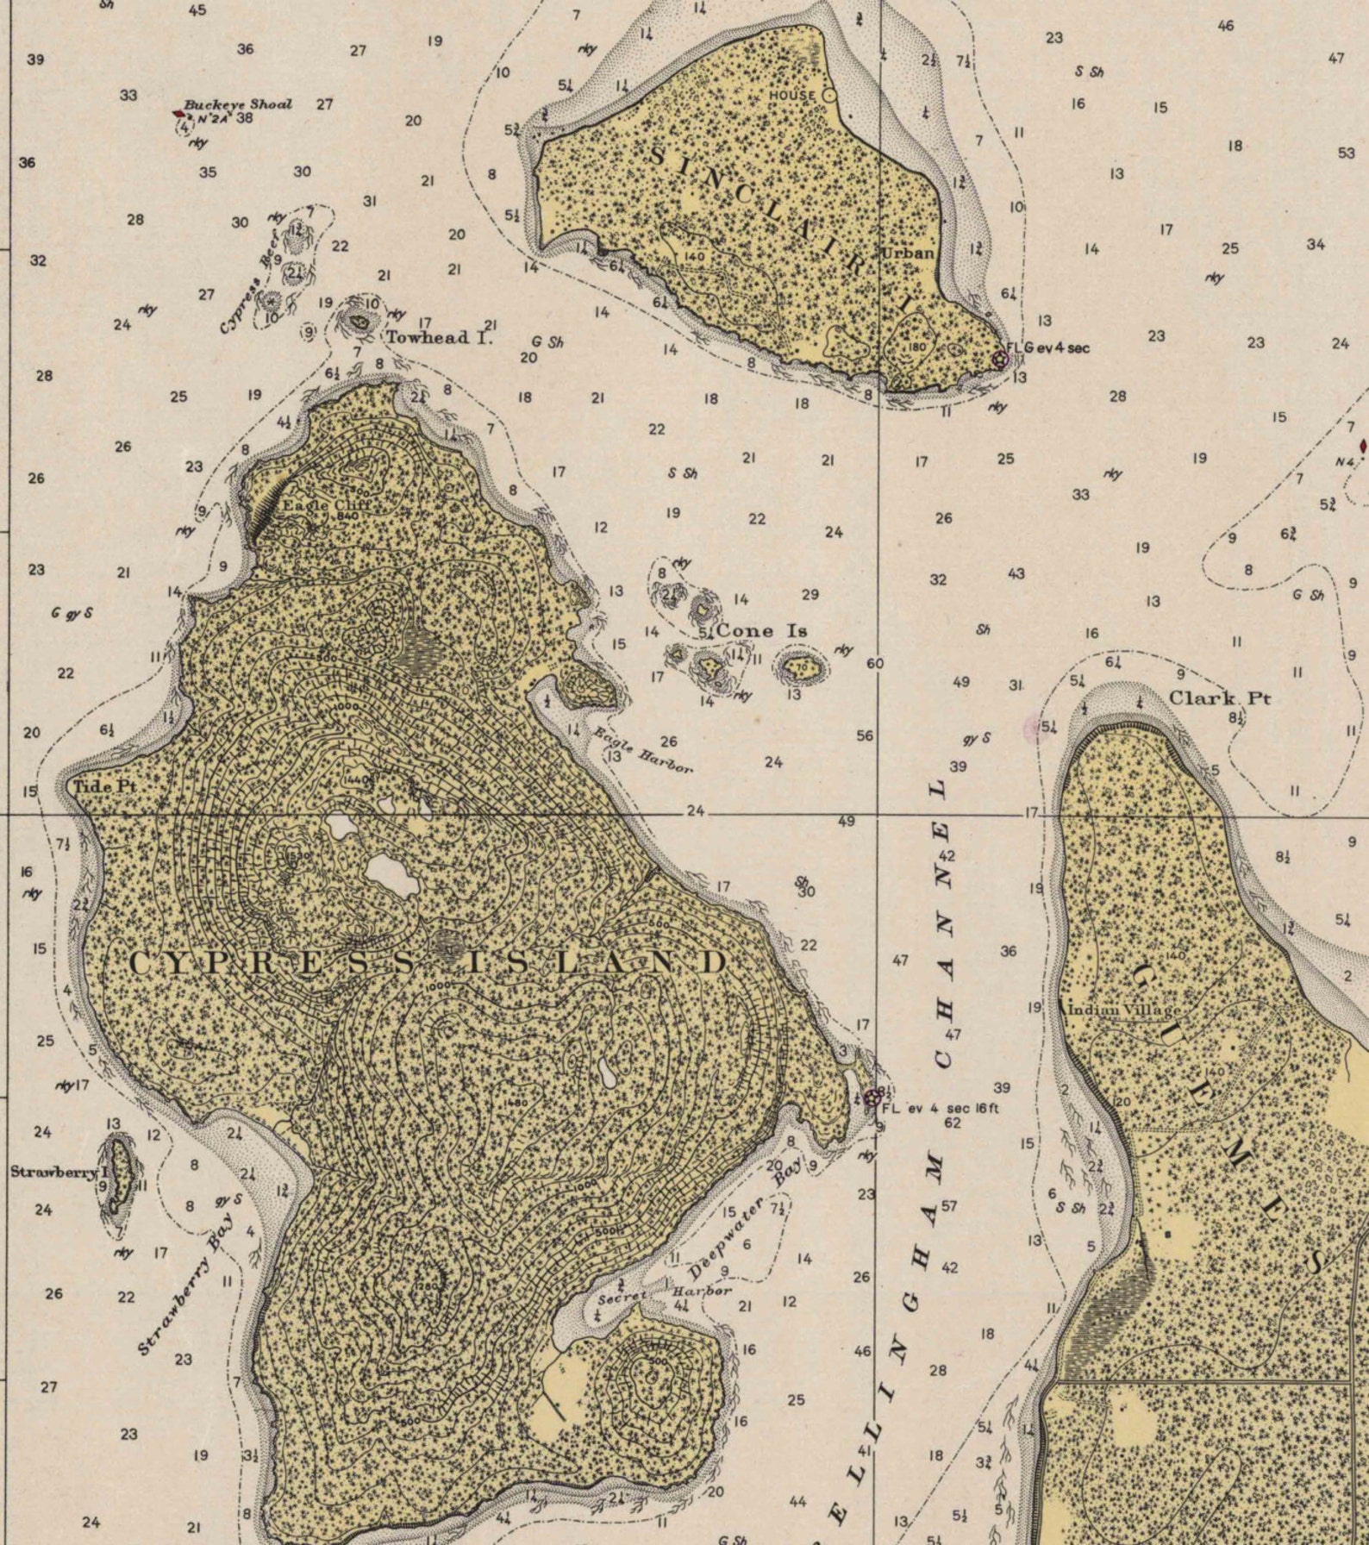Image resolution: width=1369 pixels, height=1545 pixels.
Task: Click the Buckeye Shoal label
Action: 237,104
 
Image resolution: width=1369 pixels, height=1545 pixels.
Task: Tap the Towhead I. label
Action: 440,337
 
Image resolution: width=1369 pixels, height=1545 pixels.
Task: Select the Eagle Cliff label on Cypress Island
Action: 316,505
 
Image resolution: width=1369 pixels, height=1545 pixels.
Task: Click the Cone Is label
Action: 762,630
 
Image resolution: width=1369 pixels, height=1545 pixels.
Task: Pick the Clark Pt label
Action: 1219,697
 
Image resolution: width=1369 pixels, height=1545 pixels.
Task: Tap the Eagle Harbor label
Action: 643,750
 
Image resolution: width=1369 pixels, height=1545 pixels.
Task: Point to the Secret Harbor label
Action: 665,1295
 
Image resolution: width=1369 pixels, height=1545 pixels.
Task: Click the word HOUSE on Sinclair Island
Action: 791,95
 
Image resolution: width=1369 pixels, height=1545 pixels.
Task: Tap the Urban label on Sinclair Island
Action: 907,253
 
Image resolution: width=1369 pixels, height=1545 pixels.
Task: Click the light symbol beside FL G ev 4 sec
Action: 1000,359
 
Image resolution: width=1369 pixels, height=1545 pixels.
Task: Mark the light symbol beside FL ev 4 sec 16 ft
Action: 872,1098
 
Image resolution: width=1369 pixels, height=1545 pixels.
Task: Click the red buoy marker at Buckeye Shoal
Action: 179,113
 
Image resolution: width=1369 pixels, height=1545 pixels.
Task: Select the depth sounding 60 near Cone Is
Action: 875,663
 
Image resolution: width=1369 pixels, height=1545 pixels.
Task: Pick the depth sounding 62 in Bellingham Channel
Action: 952,1123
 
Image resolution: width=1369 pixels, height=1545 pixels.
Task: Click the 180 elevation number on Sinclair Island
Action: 916,347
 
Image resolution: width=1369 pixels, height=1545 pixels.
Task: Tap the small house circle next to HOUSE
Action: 829,95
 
